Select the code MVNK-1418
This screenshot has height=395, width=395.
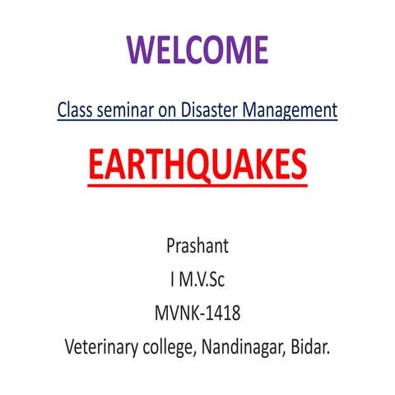coord(197,312)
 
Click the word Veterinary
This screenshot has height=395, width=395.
coord(104,346)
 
